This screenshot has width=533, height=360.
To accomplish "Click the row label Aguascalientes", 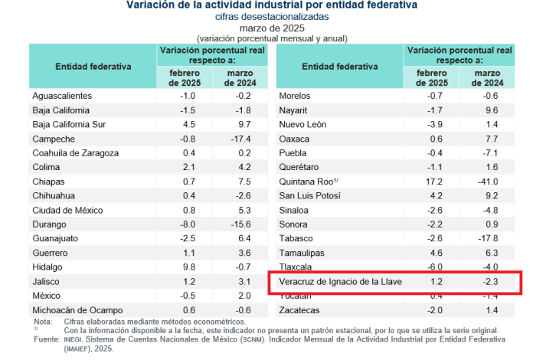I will (x=62, y=96).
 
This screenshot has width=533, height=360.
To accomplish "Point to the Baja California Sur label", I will (x=74, y=124).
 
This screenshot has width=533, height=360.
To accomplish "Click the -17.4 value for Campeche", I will (x=241, y=139).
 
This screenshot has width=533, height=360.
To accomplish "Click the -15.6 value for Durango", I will (x=241, y=224).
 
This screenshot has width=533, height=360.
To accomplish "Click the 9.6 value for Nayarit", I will (x=490, y=110).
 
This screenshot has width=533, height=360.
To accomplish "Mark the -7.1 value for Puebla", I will (x=490, y=153).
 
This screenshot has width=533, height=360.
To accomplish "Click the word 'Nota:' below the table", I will (x=43, y=322).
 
